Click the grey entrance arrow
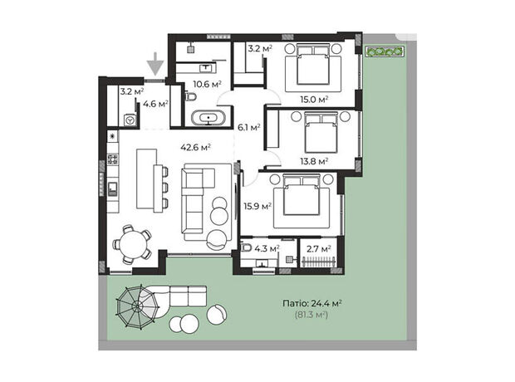[155, 64]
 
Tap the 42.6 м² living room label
[195, 147]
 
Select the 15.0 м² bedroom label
[314, 99]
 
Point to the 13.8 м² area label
[314, 161]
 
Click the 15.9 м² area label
[257, 206]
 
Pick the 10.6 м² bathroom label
[207, 84]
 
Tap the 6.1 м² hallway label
[249, 127]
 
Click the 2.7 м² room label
[319, 248]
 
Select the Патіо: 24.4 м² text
[311, 303]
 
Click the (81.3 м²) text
[311, 315]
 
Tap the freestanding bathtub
[208, 118]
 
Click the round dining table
[133, 244]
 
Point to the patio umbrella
[138, 306]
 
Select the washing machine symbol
[130, 120]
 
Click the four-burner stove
[113, 159]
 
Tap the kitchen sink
[113, 189]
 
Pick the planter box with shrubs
[385, 51]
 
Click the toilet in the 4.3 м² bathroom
[247, 247]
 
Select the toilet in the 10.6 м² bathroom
[191, 96]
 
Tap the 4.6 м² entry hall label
[155, 104]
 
